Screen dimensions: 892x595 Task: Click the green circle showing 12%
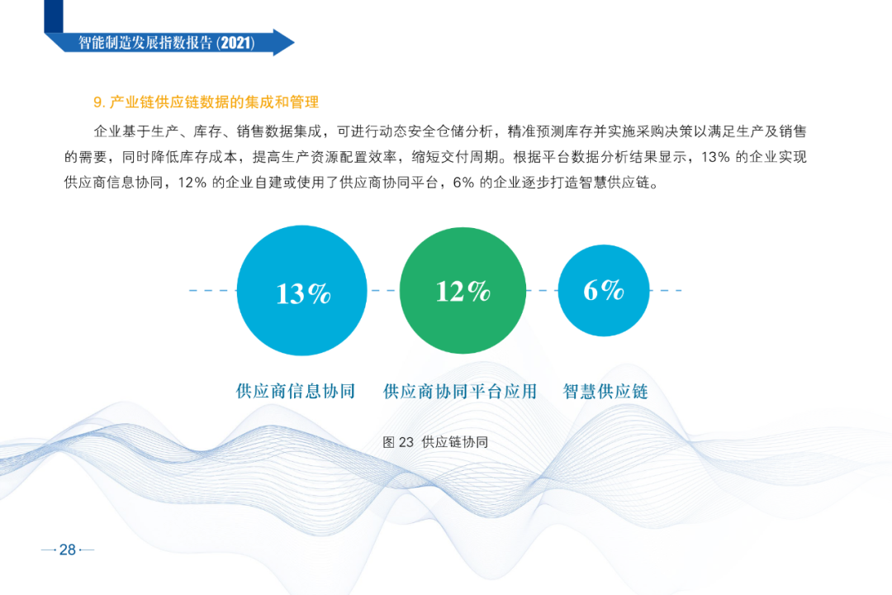[x=463, y=290]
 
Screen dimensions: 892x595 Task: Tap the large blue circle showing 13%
[x=301, y=290]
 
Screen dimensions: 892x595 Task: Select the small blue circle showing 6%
[x=604, y=290]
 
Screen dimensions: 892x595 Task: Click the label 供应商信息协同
[x=296, y=391]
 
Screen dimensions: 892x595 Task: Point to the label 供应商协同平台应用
[x=460, y=391]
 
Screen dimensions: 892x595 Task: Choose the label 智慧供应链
[x=606, y=391]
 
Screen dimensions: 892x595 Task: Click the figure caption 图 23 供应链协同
[x=436, y=442]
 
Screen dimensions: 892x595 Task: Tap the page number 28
[x=68, y=550]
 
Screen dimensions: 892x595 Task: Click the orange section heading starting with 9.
[x=206, y=102]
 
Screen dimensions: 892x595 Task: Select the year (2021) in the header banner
[x=235, y=43]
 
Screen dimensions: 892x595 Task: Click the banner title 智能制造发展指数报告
[x=145, y=43]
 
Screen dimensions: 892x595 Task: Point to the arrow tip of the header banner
[x=294, y=42]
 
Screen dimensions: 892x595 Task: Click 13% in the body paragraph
[x=715, y=157]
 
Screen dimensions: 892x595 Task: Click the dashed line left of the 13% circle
[x=213, y=290]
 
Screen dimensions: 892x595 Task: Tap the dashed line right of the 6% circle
[x=666, y=290]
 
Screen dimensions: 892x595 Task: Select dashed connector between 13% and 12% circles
[x=383, y=290]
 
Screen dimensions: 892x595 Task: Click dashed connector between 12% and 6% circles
[x=542, y=290]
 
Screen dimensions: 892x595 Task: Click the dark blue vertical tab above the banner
[x=54, y=16]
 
